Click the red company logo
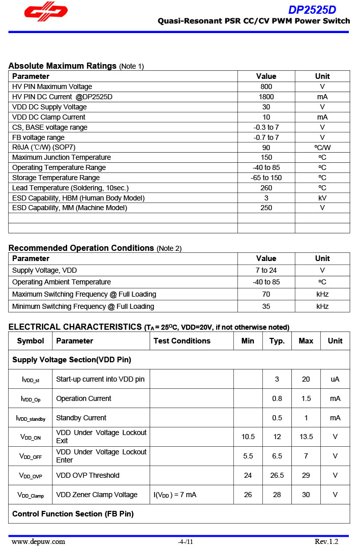point(46,13)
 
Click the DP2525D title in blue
point(312,10)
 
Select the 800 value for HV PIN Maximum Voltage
point(266,86)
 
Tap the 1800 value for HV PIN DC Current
point(266,97)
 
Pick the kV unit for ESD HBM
point(322,198)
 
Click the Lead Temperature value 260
point(266,188)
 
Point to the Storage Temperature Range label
point(56,178)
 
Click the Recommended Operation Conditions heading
point(81,248)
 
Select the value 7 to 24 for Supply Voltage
point(266,270)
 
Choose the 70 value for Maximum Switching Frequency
point(266,294)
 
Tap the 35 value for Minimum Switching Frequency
point(266,306)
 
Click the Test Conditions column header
point(182,341)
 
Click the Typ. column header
point(277,341)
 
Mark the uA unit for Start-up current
point(335,379)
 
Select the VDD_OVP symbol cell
point(31,476)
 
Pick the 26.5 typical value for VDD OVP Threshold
point(277,475)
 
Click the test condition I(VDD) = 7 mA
point(175,495)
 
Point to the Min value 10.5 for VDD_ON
point(248,437)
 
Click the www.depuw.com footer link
point(38,541)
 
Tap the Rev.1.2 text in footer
point(326,541)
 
